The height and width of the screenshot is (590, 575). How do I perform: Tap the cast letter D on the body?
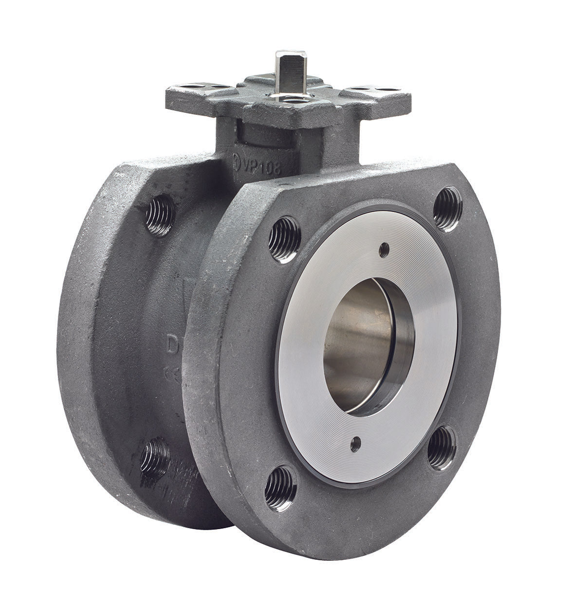click(x=172, y=347)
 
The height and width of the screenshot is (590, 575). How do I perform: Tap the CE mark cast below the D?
click(x=171, y=373)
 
